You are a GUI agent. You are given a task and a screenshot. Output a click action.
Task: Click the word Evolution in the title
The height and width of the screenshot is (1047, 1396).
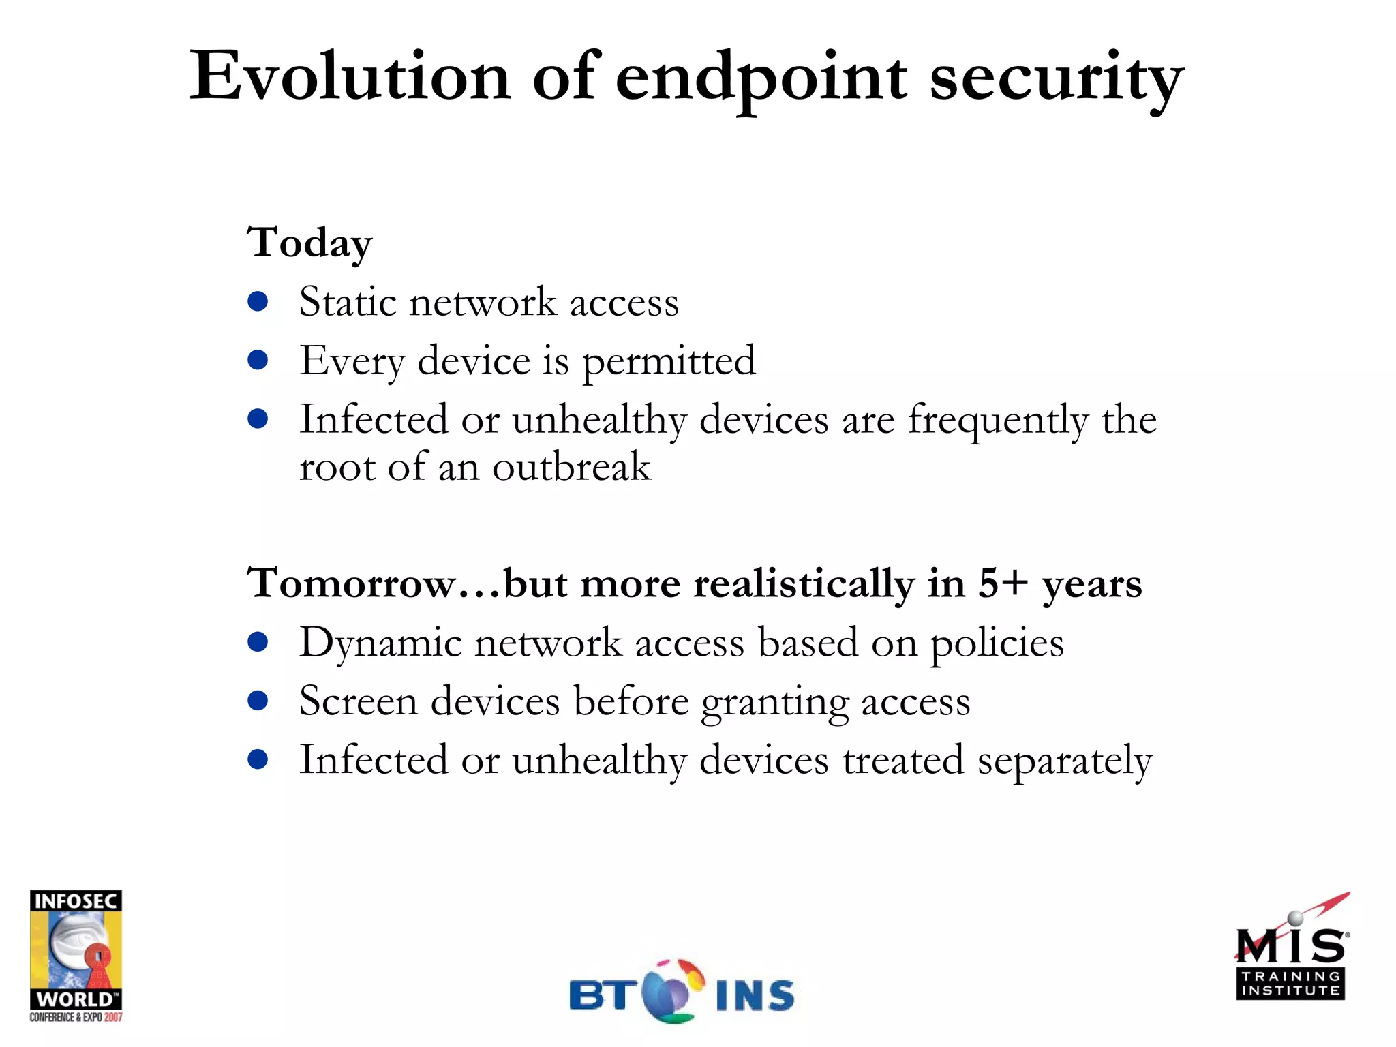click(350, 76)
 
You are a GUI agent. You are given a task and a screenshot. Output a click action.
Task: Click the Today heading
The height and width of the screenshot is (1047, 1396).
click(309, 243)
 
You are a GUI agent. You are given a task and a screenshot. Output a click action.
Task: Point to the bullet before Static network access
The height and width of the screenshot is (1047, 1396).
click(258, 301)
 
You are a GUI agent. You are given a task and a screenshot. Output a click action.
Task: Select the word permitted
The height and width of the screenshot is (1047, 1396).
click(669, 361)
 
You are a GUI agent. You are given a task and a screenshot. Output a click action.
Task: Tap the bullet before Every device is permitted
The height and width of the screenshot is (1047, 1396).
click(258, 360)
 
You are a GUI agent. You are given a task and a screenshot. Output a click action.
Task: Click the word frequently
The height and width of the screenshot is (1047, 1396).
click(998, 420)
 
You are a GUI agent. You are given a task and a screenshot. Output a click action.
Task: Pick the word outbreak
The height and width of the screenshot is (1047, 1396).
click(571, 467)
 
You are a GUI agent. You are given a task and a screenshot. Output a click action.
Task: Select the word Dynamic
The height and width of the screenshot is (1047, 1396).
click(380, 643)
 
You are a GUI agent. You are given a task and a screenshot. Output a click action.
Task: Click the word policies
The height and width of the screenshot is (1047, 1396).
click(997, 643)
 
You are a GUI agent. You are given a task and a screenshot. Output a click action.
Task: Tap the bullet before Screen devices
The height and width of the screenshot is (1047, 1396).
click(258, 701)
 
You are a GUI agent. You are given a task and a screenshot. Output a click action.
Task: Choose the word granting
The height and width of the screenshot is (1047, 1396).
click(775, 702)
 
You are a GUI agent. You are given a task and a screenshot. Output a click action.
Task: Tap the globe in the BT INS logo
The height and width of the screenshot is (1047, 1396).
click(672, 992)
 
